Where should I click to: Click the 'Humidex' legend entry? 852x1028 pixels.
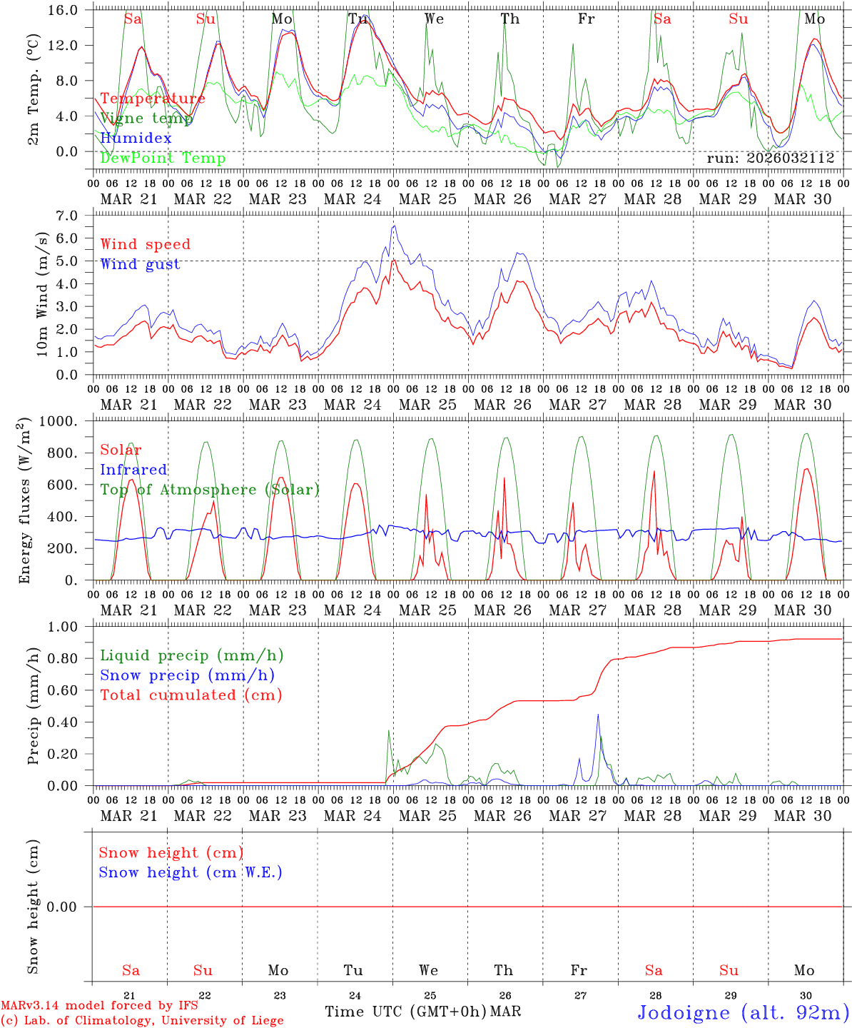point(136,138)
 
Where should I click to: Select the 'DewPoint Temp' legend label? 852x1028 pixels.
point(163,158)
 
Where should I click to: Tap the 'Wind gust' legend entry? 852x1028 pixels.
point(140,264)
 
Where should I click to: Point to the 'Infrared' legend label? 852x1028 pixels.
point(133,470)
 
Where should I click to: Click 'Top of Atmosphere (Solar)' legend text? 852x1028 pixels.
point(209,490)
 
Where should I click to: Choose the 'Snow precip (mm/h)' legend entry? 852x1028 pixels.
point(187,675)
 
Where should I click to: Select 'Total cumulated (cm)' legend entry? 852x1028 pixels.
point(191,695)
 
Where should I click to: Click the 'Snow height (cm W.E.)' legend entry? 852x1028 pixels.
point(191,872)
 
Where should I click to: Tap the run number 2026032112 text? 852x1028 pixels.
point(770,158)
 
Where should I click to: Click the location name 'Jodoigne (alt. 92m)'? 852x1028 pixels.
point(742,1012)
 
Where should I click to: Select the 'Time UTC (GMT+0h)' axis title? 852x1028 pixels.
point(405,1012)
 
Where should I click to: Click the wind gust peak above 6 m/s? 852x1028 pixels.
point(394,226)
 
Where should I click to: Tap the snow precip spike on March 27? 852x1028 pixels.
point(598,715)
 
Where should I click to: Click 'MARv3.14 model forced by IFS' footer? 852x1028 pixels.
point(99,1006)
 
